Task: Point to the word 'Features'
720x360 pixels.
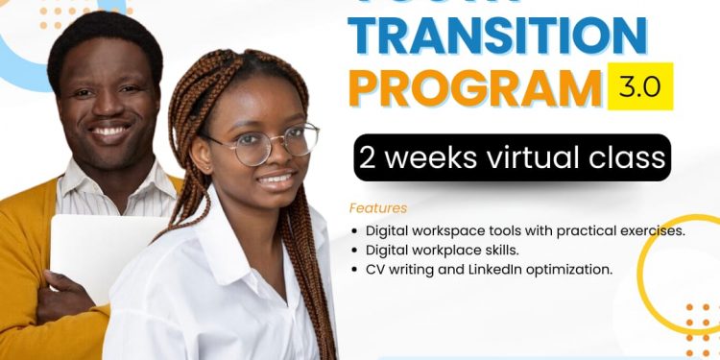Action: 378,208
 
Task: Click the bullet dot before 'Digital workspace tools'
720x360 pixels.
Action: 356,231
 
